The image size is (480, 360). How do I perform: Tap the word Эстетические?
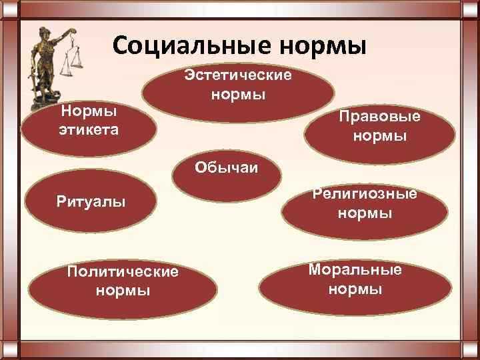coord(238,75)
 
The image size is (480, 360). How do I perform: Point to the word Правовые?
coord(379,117)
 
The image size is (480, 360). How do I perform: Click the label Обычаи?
coord(227,165)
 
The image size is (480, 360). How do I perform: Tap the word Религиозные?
coord(365,194)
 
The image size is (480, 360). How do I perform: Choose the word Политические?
coord(123,272)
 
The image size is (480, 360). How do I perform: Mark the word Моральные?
coord(355,269)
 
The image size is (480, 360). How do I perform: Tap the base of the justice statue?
coord(50,107)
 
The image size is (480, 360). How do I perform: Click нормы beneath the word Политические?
coord(123,291)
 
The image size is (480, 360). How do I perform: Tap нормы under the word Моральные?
coord(355,289)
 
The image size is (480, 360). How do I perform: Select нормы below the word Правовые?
coord(380,137)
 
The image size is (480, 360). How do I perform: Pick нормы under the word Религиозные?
coord(365,214)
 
